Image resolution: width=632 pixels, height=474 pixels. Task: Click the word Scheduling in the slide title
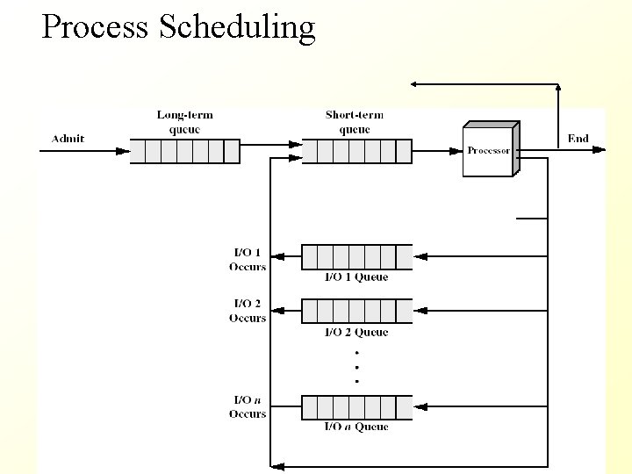click(237, 27)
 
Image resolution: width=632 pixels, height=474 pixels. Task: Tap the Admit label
click(68, 139)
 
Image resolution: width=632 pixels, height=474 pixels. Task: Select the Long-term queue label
click(184, 122)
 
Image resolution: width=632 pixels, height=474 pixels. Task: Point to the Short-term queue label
click(354, 122)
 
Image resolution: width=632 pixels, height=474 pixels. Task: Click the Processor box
click(489, 151)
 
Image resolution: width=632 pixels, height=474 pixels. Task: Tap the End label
click(578, 138)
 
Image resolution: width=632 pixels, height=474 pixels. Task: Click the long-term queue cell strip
click(184, 152)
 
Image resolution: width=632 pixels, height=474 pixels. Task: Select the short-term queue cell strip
click(356, 152)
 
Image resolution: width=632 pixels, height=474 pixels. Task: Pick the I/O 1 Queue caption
click(356, 277)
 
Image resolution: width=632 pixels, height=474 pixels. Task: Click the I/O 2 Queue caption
click(356, 333)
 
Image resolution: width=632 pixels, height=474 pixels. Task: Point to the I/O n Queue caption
click(356, 427)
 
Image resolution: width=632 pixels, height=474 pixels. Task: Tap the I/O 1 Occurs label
click(247, 261)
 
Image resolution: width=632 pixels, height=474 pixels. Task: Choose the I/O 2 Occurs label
click(247, 312)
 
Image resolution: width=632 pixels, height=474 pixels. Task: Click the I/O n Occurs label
click(247, 407)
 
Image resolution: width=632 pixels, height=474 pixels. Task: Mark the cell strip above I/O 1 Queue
click(356, 257)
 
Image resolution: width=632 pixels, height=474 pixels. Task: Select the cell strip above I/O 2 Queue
click(356, 311)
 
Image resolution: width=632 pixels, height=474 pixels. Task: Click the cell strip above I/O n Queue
click(356, 407)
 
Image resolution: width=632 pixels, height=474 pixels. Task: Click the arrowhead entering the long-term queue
click(123, 151)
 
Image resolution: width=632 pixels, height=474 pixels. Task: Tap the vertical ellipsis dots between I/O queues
click(356, 366)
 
